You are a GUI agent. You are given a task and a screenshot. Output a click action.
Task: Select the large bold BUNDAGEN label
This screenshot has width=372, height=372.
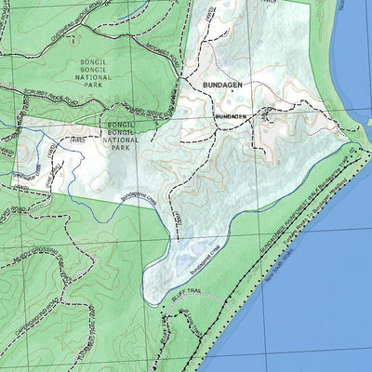coord(221,85)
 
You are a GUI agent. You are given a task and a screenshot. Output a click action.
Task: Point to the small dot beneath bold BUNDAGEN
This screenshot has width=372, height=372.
coord(220,94)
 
